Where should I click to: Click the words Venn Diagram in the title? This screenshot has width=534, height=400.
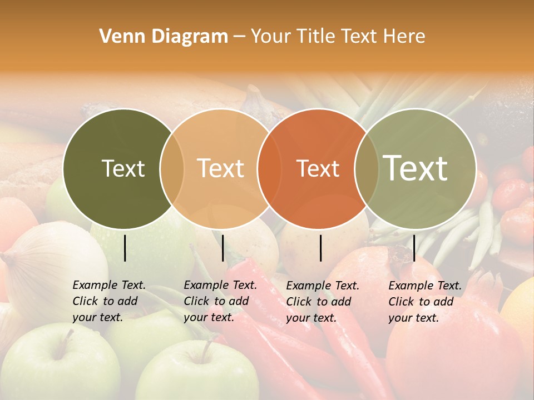click(164, 37)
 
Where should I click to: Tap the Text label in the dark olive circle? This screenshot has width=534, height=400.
click(123, 168)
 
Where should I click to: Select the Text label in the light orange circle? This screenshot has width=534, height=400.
click(221, 168)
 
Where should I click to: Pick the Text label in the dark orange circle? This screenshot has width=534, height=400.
click(318, 168)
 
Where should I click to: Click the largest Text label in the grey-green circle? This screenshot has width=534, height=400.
click(416, 168)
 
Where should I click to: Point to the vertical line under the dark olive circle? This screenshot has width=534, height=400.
click(125, 248)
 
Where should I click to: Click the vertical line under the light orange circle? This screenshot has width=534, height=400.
click(222, 248)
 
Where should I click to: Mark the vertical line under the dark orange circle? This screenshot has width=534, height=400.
click(321, 248)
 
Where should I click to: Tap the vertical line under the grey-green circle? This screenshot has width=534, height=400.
click(414, 248)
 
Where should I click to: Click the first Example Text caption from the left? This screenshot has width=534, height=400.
click(109, 301)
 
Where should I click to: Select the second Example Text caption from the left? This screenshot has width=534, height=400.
click(220, 301)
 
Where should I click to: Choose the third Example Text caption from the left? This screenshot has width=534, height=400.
click(323, 302)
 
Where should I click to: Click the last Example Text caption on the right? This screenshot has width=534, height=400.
click(425, 302)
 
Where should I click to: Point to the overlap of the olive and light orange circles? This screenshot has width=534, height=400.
click(172, 168)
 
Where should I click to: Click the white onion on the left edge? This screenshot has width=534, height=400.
click(50, 261)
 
